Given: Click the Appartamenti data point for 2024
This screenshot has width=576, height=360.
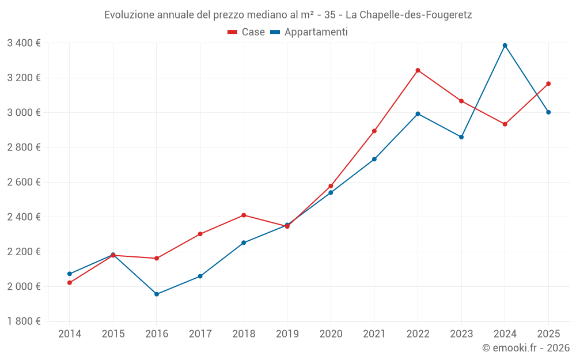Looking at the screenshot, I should point(505,46).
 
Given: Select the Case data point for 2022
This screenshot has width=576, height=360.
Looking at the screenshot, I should point(418,70).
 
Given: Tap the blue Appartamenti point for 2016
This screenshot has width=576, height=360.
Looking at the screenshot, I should point(157,294).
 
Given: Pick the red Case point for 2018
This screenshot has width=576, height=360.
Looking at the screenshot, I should point(244,215).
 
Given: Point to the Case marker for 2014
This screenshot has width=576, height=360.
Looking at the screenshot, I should point(70,283).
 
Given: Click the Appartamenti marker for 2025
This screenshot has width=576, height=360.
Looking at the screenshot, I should point(548,112).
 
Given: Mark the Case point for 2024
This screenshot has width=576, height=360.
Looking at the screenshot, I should point(505,124).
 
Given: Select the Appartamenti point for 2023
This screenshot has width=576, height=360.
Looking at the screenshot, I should point(461,137).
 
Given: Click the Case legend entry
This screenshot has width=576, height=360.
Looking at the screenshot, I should point(246,32).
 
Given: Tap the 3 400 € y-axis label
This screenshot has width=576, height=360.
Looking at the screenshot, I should point(24,43).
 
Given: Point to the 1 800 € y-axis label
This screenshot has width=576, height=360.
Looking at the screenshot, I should point(24,321).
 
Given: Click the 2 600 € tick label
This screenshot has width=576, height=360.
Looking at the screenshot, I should point(24,182).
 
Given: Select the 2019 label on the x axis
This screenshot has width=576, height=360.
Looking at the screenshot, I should point(287,334).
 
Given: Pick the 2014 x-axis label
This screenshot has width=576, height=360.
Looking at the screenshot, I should point(70,334).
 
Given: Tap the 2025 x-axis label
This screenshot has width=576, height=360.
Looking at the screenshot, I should point(548,334).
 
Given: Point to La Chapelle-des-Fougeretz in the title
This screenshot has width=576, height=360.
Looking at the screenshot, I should point(408,15).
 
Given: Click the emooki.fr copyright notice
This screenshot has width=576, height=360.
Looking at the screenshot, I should point(526,348).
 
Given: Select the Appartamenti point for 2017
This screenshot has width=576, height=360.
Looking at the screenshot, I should point(200,276).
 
